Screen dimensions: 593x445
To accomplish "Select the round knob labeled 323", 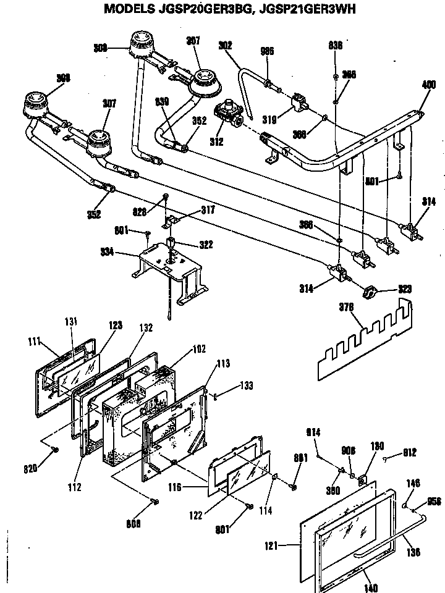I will (370, 293).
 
